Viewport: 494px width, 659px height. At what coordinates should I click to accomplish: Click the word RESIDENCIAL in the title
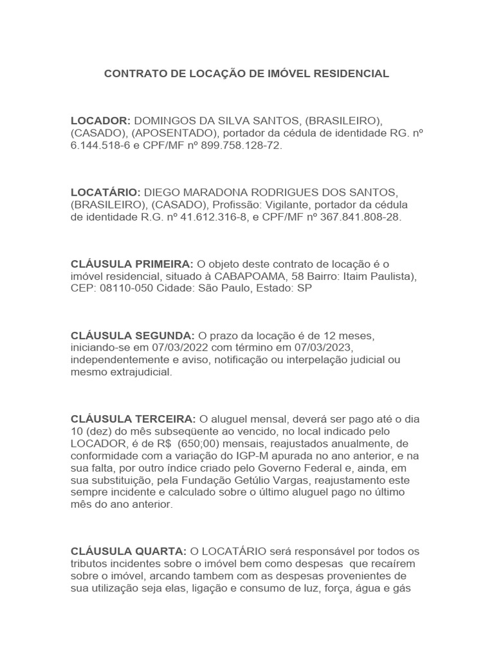[351, 74]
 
